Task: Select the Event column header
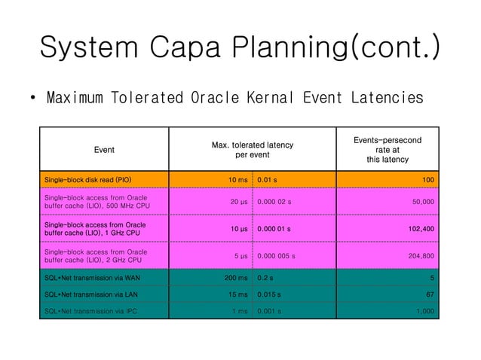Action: coord(104,150)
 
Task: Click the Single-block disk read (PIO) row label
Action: coord(88,181)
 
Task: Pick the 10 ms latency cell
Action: coord(237,181)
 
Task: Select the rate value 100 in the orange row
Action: coord(427,181)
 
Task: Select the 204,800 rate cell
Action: coord(418,256)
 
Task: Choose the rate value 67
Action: coord(430,293)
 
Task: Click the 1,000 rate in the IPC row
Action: coord(423,309)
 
